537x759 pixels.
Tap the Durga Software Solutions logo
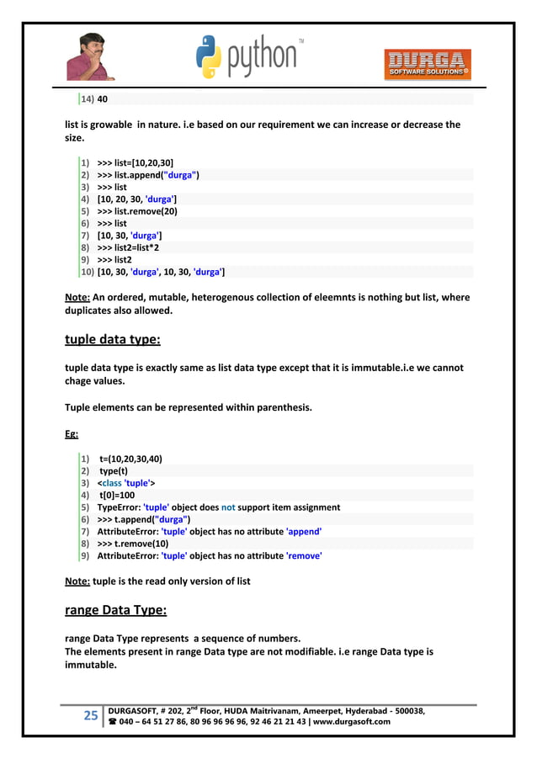427,65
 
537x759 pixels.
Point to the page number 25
90,716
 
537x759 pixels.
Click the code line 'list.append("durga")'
148,175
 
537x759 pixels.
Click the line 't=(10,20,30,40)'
130,459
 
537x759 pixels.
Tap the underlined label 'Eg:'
72,434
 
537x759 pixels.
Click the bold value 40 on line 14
103,99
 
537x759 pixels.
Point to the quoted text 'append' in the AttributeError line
304,532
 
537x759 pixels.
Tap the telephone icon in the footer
111,722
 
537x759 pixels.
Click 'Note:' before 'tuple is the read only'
78,581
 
